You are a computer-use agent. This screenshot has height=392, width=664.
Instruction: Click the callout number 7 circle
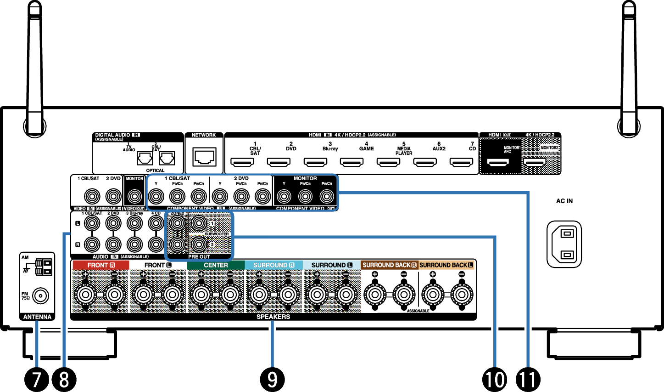37,380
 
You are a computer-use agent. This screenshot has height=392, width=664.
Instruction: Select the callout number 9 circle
272,380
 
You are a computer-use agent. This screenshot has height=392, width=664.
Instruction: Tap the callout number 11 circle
528,380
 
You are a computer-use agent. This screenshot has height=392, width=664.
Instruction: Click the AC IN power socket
564,244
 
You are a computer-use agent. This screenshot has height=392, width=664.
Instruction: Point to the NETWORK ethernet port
204,158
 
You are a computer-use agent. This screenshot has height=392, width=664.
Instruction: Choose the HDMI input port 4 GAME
352,162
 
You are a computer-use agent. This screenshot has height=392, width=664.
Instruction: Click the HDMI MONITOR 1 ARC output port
498,162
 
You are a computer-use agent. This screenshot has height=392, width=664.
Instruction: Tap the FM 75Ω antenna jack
40,296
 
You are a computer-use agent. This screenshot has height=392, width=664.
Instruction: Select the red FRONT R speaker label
101,265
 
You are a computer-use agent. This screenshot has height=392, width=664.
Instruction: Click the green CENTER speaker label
216,265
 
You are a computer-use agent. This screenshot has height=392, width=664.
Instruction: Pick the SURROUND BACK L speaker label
446,265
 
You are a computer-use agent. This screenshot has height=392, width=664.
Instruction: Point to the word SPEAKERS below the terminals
273,317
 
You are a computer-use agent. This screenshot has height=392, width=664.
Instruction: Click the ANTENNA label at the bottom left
37,317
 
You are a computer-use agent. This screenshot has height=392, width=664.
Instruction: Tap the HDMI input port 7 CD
461,162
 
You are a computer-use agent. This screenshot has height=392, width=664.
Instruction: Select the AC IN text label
564,201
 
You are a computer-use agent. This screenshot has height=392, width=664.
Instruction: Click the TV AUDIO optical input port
145,158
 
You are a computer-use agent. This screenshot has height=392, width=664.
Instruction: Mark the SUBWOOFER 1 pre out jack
198,223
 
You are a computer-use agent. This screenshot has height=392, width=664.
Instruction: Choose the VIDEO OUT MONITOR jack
134,197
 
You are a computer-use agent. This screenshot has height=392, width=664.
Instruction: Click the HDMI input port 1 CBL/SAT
241,162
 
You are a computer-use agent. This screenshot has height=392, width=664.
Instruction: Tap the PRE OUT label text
199,256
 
